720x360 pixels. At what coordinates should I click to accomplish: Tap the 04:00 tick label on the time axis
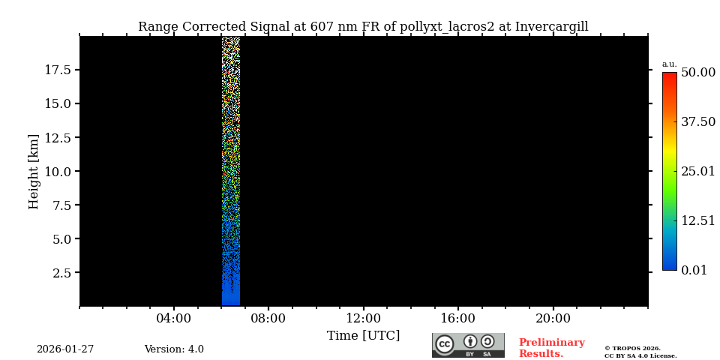click(173, 319)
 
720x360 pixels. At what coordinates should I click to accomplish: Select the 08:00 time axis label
click(268, 319)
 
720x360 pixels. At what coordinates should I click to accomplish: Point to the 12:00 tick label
click(363, 319)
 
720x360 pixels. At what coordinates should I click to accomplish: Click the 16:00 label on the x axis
click(457, 319)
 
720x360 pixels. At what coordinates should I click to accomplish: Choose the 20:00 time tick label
click(553, 319)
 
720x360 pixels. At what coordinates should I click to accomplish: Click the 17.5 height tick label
click(58, 70)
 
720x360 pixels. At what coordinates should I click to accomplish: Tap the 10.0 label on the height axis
click(58, 171)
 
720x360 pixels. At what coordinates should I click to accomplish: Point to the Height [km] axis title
click(34, 171)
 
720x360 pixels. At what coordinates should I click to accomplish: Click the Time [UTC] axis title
click(363, 336)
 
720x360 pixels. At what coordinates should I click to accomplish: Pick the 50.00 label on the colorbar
click(697, 73)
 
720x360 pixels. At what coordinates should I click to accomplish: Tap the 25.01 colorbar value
click(697, 172)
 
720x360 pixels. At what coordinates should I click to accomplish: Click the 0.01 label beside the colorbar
click(694, 271)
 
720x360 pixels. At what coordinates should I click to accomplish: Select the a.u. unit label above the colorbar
click(669, 64)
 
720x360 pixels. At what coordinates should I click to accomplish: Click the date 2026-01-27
click(65, 349)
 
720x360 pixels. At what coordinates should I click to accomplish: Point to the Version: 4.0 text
click(174, 349)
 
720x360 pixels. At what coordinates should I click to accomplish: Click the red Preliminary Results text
click(551, 348)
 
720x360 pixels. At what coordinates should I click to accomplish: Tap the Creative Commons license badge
click(468, 345)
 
